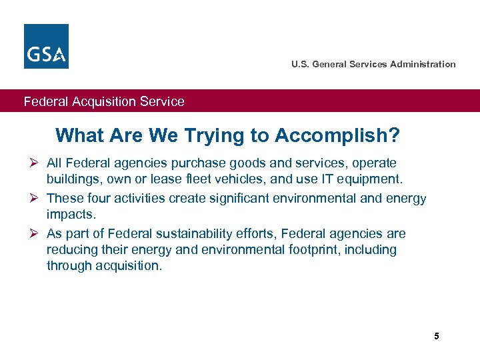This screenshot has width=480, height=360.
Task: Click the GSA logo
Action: pyautogui.click(x=46, y=46)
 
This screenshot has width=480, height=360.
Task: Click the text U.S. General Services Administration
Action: pyautogui.click(x=373, y=64)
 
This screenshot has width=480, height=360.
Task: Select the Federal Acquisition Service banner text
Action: pyautogui.click(x=104, y=101)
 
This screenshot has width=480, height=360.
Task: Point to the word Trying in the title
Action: pyautogui.click(x=213, y=136)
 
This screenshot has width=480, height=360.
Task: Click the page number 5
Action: pyautogui.click(x=437, y=336)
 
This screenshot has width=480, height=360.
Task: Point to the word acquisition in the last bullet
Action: pyautogui.click(x=127, y=266)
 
